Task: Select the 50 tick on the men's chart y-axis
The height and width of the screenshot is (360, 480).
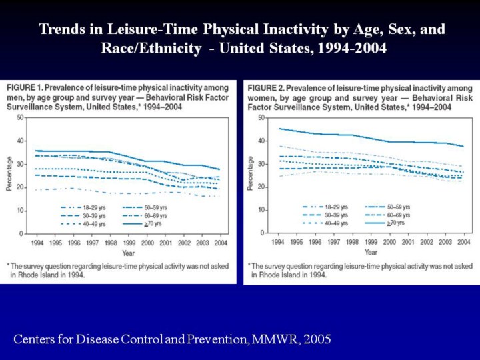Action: (21, 117)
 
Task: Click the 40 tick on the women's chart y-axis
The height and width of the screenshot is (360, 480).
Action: (260, 140)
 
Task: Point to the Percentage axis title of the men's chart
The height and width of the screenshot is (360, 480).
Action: (9, 175)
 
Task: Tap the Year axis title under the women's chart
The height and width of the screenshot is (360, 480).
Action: (371, 253)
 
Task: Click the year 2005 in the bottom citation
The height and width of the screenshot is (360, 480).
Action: (316, 340)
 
